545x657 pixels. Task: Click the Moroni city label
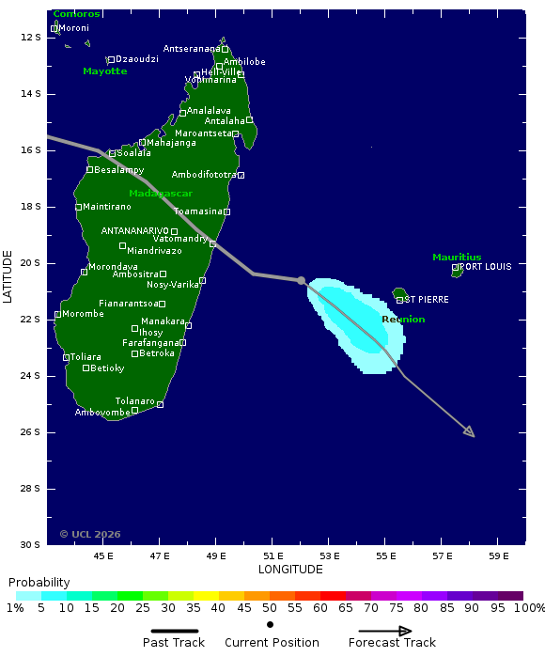[x=74, y=28]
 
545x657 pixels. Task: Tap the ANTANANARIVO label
[x=135, y=230]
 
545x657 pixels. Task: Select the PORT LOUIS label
[x=486, y=267]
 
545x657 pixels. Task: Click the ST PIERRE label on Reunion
[x=427, y=300]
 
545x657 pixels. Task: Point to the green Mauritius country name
[x=457, y=257]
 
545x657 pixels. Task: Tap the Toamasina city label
[x=197, y=211]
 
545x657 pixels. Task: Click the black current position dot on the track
[x=302, y=280]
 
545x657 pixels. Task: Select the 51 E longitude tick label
[x=272, y=555]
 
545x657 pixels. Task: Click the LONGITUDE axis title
[x=290, y=570]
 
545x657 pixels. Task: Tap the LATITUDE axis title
[x=8, y=275]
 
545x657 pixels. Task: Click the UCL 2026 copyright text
[x=90, y=534]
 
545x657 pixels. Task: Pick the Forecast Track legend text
[x=392, y=643]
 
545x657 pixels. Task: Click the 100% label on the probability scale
[x=528, y=609]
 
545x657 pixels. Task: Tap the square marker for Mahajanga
[x=142, y=143]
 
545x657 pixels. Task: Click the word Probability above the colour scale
[x=39, y=583]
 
